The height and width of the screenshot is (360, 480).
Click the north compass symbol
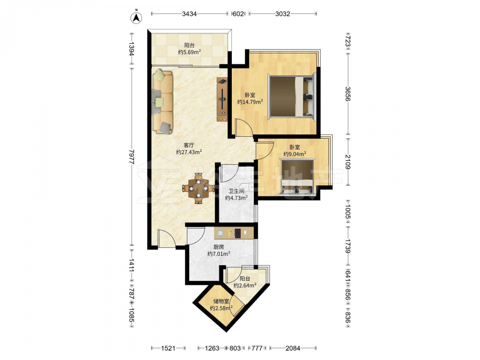click(x=136, y=17)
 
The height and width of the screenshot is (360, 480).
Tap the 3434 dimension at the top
click(x=189, y=14)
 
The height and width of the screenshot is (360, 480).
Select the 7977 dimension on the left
click(x=132, y=157)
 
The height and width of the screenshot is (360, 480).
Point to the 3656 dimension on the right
click(x=348, y=94)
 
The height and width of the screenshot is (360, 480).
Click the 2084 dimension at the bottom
click(x=293, y=348)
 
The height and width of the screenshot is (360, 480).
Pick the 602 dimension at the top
click(x=238, y=14)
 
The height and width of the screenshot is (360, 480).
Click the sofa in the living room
click(x=162, y=101)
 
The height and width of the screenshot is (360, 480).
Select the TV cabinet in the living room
click(x=222, y=99)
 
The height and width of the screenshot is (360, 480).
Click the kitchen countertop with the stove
click(x=234, y=233)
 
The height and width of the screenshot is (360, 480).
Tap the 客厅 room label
click(x=189, y=145)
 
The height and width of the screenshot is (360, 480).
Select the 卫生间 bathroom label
click(x=237, y=192)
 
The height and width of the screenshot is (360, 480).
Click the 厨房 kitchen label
click(x=218, y=247)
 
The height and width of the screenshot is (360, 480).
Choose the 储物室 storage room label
click(x=221, y=301)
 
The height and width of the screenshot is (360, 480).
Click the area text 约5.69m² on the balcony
click(x=190, y=52)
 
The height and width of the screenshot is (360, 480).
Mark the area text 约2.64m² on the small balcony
click(x=245, y=286)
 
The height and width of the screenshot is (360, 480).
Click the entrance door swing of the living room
click(x=167, y=238)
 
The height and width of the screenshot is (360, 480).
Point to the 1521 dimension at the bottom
click(x=168, y=348)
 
